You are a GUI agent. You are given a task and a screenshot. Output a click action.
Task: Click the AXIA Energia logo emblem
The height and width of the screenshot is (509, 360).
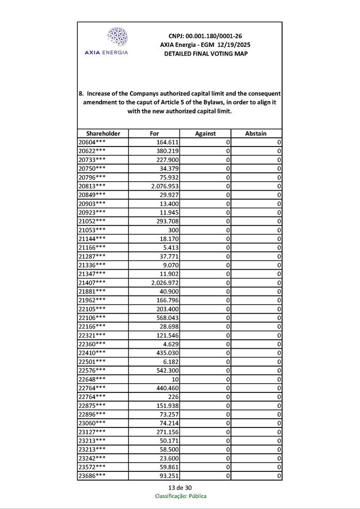click(117, 37)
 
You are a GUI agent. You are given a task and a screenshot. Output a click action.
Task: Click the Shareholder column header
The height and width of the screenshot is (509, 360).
click(103, 133)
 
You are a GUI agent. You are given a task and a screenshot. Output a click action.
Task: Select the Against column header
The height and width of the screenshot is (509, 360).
click(205, 133)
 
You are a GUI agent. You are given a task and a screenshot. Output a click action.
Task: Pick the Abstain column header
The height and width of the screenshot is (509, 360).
click(256, 133)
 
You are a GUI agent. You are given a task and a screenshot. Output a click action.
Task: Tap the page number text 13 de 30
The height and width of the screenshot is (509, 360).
click(180, 488)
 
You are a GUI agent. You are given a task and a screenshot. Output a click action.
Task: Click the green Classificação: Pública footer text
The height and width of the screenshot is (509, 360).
click(181, 496)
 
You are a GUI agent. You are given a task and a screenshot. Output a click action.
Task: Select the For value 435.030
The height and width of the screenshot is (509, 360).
click(168, 353)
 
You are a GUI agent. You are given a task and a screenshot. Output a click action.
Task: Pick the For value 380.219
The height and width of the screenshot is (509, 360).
click(168, 151)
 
